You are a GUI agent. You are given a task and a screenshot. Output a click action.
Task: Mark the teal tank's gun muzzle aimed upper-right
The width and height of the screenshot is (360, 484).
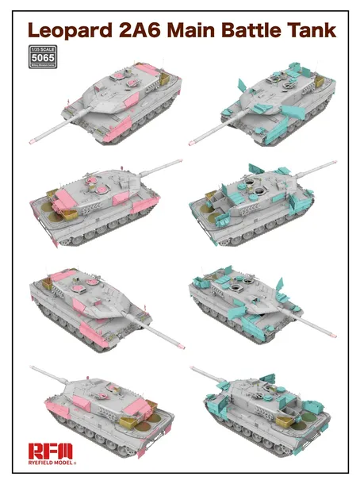coord(333,164)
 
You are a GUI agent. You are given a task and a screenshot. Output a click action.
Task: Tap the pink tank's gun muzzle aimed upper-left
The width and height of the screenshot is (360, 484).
coord(33,368)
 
